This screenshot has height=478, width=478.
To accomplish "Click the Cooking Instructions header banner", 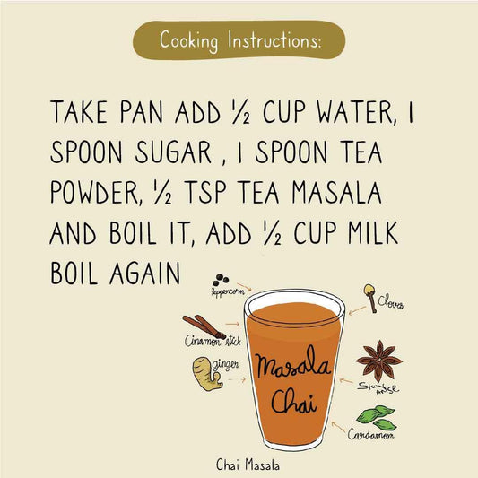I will (x=239, y=40).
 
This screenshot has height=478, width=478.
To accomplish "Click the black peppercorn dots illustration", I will (x=220, y=279).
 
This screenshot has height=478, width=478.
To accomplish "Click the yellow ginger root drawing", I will (x=205, y=372).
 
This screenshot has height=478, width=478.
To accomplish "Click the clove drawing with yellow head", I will (x=369, y=297).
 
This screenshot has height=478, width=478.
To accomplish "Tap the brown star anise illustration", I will (x=378, y=360).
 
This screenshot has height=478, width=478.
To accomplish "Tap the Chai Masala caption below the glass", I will (x=248, y=465).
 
